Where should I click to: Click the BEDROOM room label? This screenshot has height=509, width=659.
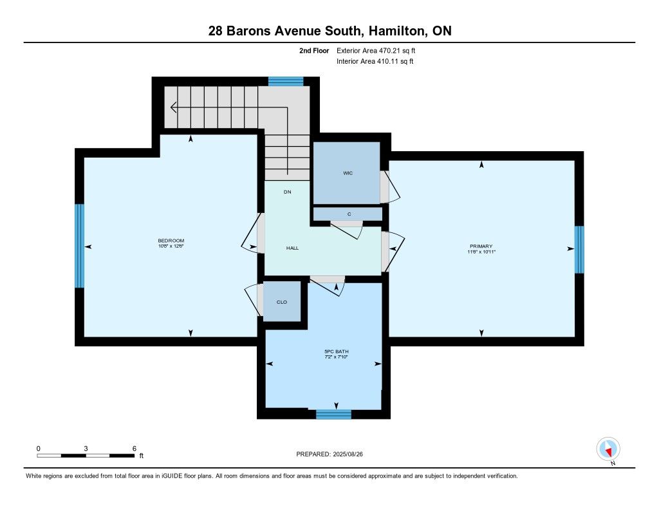171,241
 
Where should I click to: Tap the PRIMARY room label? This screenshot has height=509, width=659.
481,246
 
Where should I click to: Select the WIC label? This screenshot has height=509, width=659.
348,173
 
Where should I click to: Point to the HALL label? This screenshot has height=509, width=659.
293,248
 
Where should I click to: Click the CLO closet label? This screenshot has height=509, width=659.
282,302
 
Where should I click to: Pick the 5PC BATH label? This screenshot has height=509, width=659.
336,351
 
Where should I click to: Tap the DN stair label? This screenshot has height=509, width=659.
288,192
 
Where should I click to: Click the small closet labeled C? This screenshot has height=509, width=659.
348,214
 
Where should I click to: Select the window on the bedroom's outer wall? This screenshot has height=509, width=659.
79,246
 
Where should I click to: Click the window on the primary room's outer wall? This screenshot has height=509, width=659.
579,249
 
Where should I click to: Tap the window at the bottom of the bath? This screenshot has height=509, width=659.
334,414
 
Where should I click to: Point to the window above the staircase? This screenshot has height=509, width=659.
286,82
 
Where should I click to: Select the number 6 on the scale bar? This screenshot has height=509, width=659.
135,449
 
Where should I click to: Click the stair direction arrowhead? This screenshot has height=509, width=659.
173,107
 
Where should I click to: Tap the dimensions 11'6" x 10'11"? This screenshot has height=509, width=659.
481,252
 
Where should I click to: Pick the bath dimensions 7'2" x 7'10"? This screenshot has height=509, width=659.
336,357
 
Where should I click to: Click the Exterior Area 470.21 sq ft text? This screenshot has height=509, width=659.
376,50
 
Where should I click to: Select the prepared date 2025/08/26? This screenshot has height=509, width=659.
348,454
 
